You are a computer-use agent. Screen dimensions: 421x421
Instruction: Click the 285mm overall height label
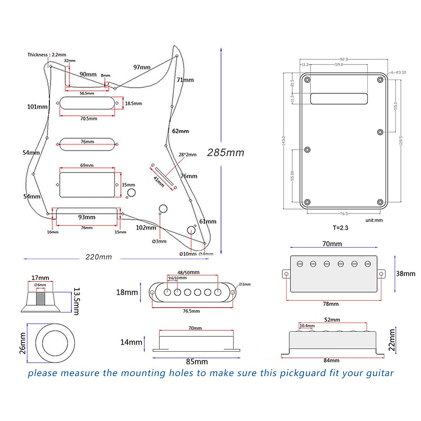(x=226, y=153)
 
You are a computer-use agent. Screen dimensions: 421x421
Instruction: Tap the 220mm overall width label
(x=99, y=257)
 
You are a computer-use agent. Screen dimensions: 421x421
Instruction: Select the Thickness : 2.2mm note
(x=47, y=55)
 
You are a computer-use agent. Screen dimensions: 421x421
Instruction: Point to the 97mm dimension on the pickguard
(x=142, y=67)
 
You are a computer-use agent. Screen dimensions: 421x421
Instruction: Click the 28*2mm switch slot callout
(x=188, y=154)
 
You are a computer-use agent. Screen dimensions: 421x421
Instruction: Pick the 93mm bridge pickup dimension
(x=87, y=217)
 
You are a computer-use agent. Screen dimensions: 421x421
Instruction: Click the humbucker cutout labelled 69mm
(x=87, y=185)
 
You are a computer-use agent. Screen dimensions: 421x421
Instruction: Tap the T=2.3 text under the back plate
(x=340, y=228)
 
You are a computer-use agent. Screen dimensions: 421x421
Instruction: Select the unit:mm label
(x=374, y=220)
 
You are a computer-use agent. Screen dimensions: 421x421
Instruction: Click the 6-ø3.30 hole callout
(x=399, y=72)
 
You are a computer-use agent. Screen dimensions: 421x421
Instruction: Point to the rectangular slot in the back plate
(x=339, y=99)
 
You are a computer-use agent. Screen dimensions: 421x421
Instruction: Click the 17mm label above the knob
(x=40, y=278)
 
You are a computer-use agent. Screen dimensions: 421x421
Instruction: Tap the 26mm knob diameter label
(x=22, y=343)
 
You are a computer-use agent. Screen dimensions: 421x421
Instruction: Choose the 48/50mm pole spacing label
(x=188, y=272)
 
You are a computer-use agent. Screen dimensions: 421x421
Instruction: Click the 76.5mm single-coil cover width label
(x=191, y=311)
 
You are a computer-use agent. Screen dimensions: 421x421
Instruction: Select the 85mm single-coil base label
(x=197, y=362)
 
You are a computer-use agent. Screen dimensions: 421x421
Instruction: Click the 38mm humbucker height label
(x=406, y=274)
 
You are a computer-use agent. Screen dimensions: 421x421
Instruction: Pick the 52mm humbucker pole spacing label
(x=332, y=320)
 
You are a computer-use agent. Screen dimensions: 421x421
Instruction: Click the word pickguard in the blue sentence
(x=303, y=373)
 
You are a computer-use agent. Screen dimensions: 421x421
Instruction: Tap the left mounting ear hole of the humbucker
(x=287, y=274)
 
